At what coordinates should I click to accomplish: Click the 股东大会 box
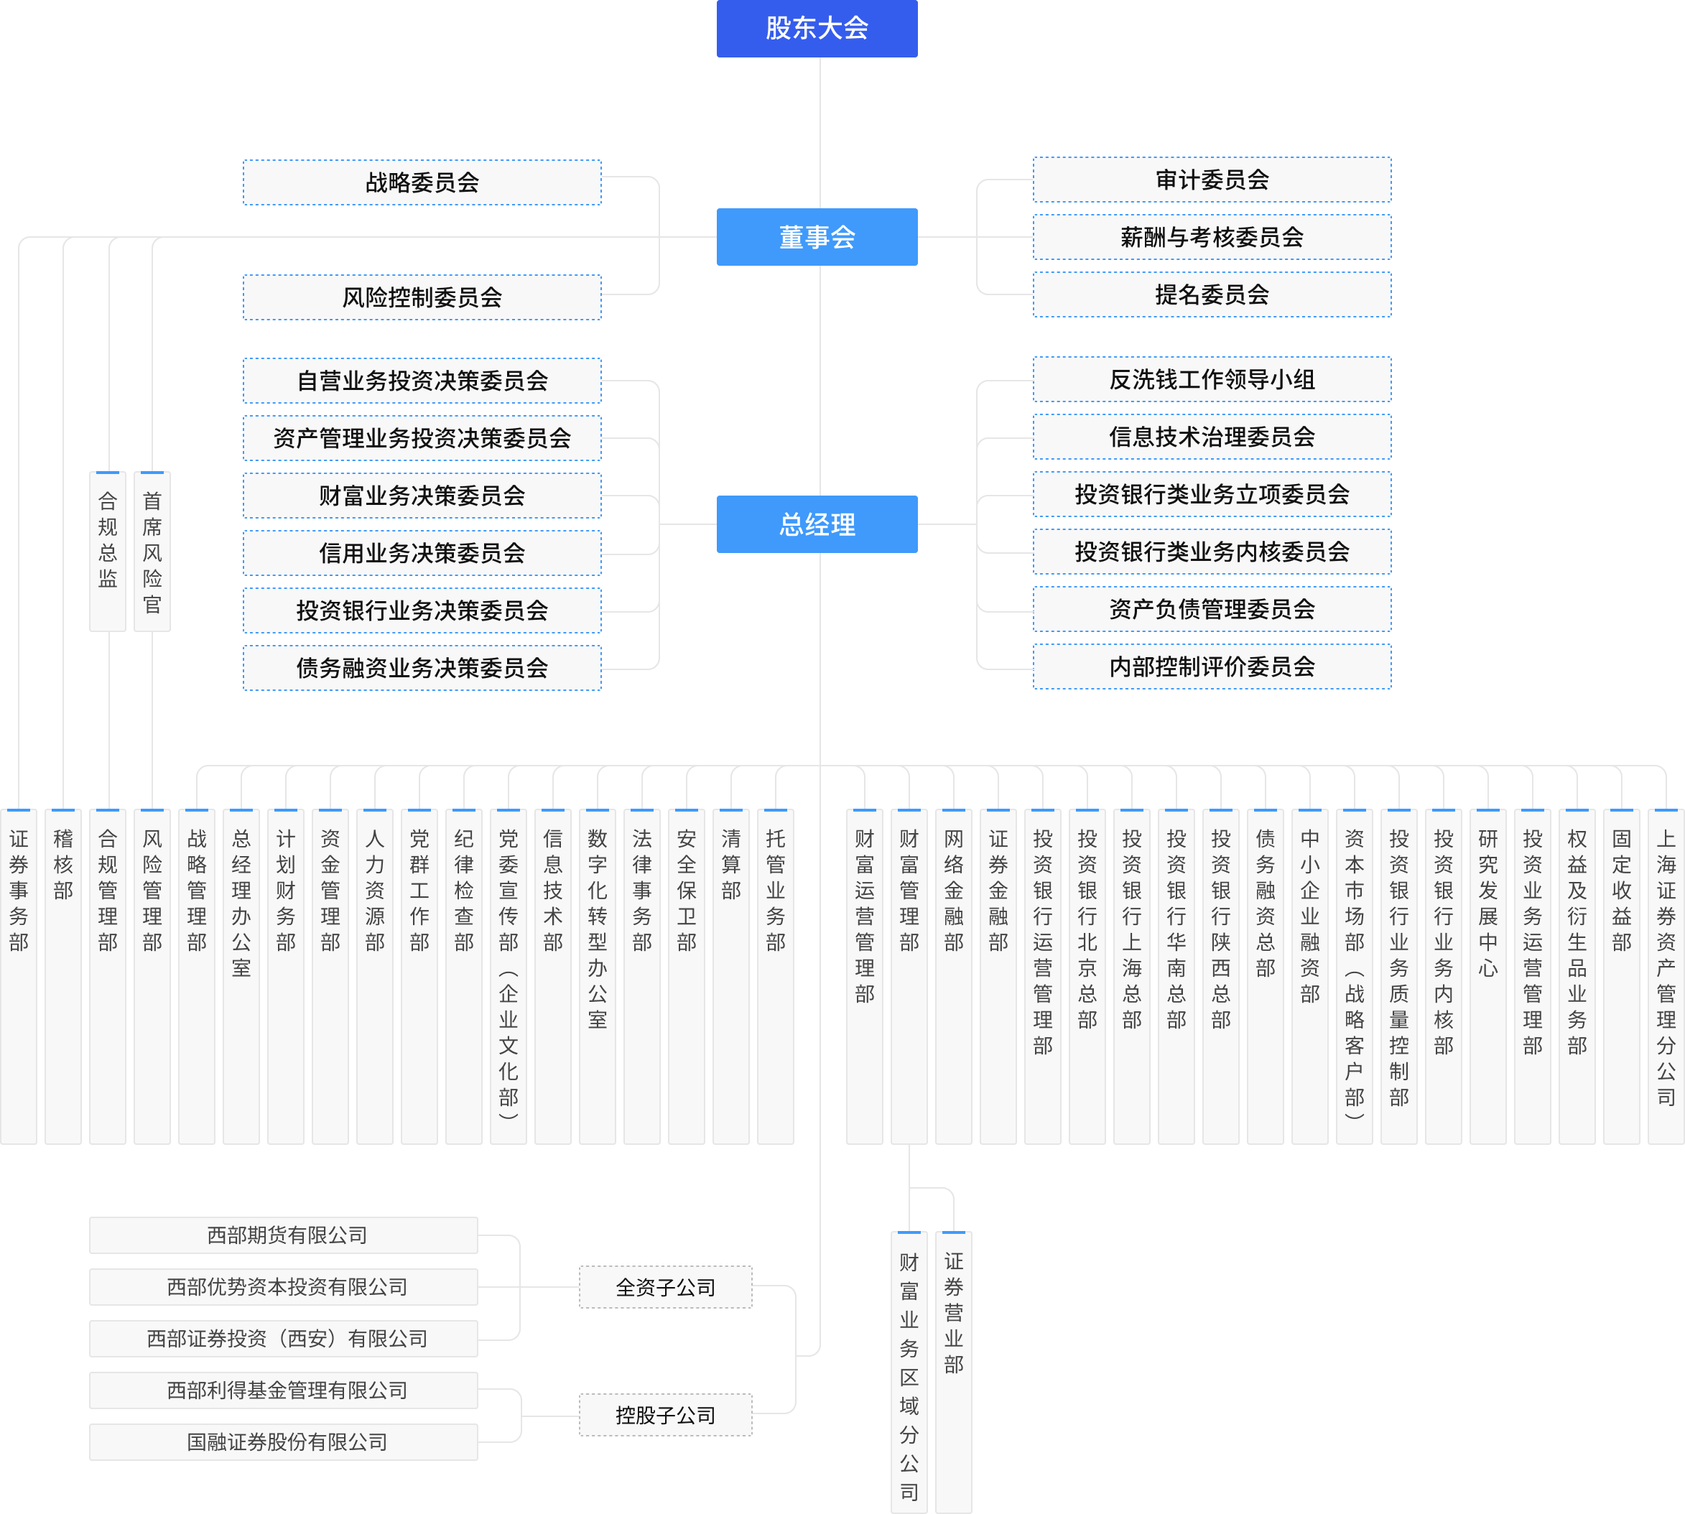click(x=817, y=28)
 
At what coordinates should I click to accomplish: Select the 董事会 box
click(x=817, y=237)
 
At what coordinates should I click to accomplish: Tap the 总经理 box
click(x=817, y=524)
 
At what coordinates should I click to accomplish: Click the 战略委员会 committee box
click(x=422, y=182)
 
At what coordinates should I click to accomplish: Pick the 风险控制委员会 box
click(x=422, y=297)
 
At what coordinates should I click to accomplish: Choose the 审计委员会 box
click(x=1212, y=180)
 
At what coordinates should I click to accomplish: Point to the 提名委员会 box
click(x=1212, y=294)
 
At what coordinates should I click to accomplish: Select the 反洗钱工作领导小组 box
click(x=1212, y=379)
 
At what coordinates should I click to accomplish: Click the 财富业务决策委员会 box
click(x=422, y=496)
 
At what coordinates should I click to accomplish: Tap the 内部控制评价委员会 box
click(x=1212, y=667)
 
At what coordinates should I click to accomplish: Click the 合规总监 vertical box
click(x=107, y=551)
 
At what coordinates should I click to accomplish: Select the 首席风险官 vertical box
click(x=152, y=551)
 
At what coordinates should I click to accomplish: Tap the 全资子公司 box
click(x=665, y=1287)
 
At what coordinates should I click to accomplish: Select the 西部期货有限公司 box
click(x=284, y=1235)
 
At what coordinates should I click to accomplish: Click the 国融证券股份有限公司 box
click(x=284, y=1441)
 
